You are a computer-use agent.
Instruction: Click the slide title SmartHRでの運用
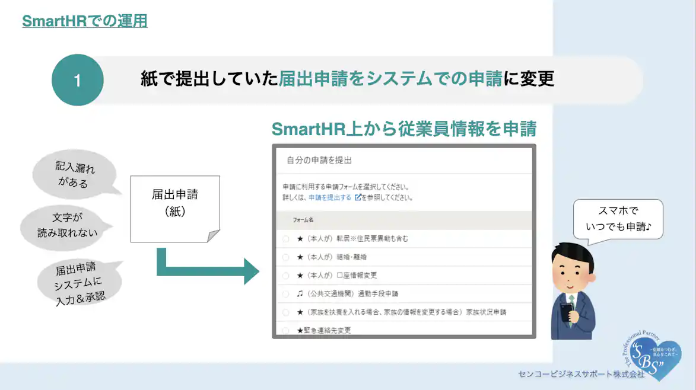click(x=84, y=21)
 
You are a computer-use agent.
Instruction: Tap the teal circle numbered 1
click(x=78, y=80)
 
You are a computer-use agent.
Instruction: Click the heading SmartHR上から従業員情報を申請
click(x=403, y=129)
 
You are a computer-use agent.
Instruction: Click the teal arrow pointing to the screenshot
click(x=208, y=269)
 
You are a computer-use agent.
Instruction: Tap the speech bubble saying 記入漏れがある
click(x=75, y=175)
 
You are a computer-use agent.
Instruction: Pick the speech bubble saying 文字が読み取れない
click(x=67, y=226)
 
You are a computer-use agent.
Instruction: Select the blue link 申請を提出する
click(x=330, y=197)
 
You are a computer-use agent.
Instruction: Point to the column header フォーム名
click(x=303, y=220)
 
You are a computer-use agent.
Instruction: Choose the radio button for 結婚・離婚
click(x=285, y=257)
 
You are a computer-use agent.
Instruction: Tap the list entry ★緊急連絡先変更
click(x=324, y=330)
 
